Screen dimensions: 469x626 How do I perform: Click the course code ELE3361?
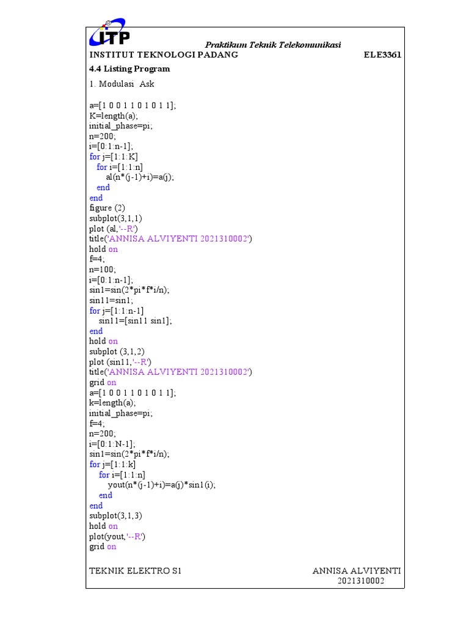pyautogui.click(x=382, y=54)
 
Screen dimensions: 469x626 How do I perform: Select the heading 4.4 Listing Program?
pyautogui.click(x=129, y=68)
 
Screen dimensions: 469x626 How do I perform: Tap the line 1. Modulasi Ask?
pyautogui.click(x=122, y=84)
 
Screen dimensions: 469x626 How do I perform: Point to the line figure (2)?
pyautogui.click(x=107, y=208)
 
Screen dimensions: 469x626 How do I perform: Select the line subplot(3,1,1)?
pyautogui.click(x=115, y=218)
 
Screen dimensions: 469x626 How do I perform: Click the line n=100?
pyautogui.click(x=103, y=270)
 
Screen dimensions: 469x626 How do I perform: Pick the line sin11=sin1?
pyautogui.click(x=111, y=300)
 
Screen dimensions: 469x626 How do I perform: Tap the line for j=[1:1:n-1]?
pyautogui.click(x=117, y=311)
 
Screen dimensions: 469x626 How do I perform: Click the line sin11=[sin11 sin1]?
pyautogui.click(x=136, y=320)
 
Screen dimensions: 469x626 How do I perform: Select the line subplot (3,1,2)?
pyautogui.click(x=117, y=352)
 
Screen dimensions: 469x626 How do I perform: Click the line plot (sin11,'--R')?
pyautogui.click(x=120, y=362)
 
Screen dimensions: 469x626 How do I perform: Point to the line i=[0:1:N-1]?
pyautogui.click(x=112, y=444)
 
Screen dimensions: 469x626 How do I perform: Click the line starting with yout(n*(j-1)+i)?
pyautogui.click(x=161, y=485)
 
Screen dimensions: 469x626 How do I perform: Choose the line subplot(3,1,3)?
pyautogui.click(x=115, y=516)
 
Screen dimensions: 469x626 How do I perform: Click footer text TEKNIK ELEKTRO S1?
pyautogui.click(x=135, y=571)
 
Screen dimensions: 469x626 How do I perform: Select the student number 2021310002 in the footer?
pyautogui.click(x=361, y=581)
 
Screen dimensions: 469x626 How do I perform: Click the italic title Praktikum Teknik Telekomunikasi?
pyautogui.click(x=273, y=45)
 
